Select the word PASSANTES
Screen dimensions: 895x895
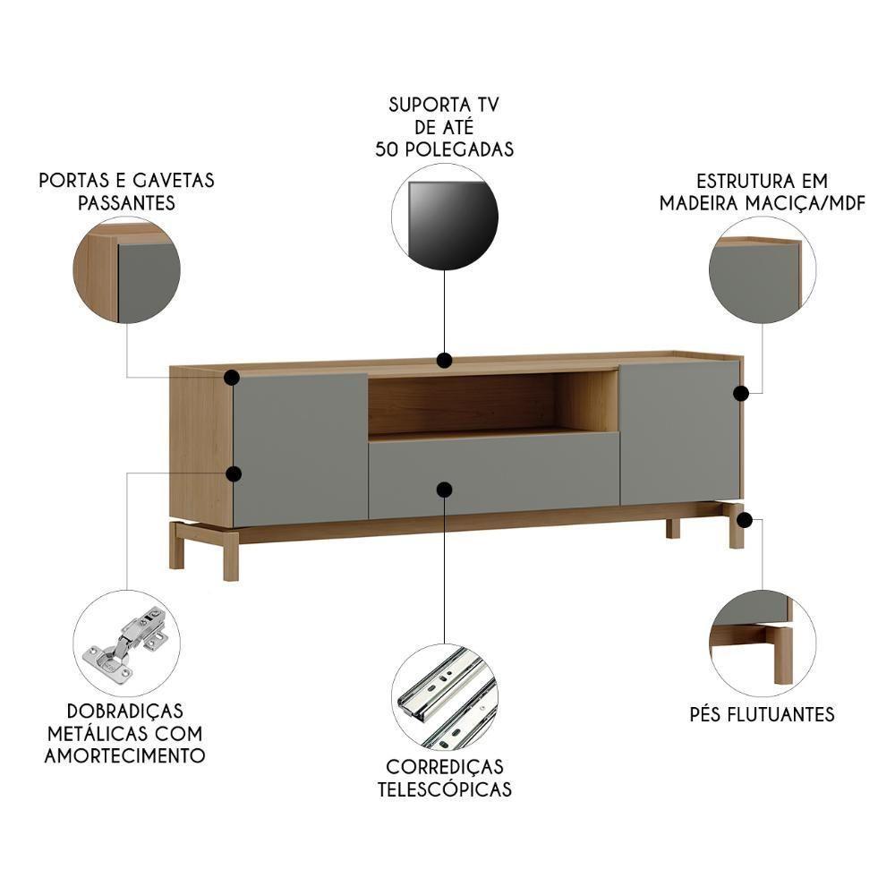click(126, 203)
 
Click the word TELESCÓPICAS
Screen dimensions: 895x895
click(445, 789)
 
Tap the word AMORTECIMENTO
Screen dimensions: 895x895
click(126, 755)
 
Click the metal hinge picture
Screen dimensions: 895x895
click(126, 642)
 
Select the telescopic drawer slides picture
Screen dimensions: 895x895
click(445, 695)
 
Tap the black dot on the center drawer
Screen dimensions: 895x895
click(444, 489)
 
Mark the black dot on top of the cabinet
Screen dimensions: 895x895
click(444, 361)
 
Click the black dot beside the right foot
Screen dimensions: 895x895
click(746, 519)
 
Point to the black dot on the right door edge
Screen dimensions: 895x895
click(741, 393)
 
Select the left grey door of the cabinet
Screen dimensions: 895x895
click(300, 447)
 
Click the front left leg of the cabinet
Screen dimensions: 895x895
click(231, 556)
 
